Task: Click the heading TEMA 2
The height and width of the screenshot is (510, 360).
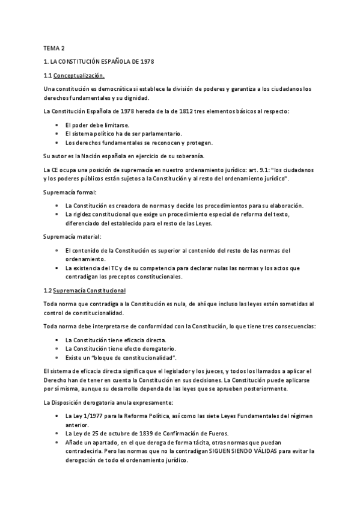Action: click(54, 48)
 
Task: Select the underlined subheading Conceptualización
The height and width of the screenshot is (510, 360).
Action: click(79, 75)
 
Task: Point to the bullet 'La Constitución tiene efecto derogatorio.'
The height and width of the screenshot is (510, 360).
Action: click(115, 348)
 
